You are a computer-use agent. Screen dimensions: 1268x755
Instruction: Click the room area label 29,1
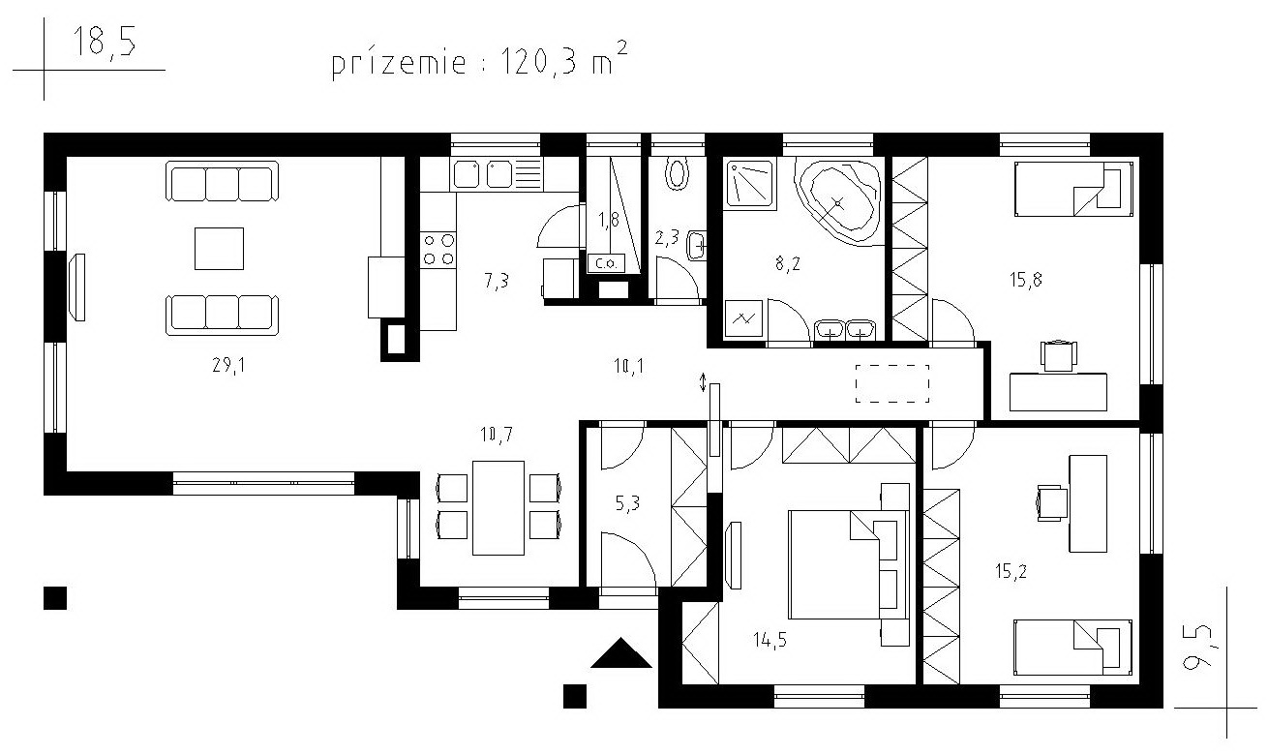click(228, 366)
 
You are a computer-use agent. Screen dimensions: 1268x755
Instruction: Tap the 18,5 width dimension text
click(105, 42)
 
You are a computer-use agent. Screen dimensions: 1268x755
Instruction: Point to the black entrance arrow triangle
click(621, 653)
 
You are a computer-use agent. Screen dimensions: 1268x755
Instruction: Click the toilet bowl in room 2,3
click(677, 174)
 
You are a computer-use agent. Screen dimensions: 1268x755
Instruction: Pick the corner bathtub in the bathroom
click(838, 201)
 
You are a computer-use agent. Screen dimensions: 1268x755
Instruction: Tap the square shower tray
click(750, 183)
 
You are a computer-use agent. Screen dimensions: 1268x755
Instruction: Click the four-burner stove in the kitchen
click(438, 250)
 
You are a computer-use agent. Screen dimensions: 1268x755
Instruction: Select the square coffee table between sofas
click(219, 249)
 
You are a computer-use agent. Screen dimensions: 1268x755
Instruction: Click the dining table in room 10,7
click(498, 507)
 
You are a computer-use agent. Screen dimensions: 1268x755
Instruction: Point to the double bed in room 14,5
click(849, 564)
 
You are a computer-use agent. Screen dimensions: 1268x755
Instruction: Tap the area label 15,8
click(1026, 280)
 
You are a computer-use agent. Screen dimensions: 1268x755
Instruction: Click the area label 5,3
click(628, 502)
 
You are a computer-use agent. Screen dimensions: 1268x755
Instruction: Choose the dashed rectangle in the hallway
click(892, 383)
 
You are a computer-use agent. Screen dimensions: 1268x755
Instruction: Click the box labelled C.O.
click(607, 263)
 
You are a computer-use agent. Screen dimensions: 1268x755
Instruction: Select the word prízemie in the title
click(398, 63)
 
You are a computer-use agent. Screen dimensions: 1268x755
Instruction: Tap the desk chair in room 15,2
click(1052, 502)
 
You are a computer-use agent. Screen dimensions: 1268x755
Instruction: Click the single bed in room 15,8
click(1073, 189)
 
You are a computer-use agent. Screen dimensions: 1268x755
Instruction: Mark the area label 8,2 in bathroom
click(788, 263)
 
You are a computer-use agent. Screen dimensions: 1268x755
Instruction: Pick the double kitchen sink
click(483, 174)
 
